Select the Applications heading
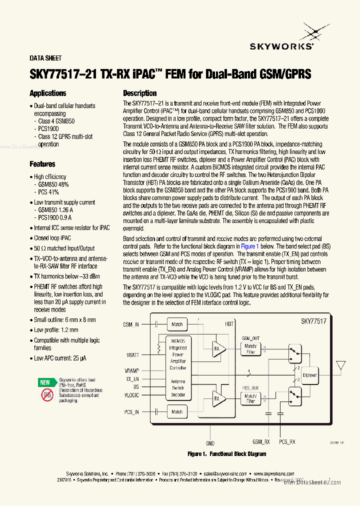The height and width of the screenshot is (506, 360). coord(48,93)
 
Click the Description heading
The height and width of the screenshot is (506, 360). coord(140,93)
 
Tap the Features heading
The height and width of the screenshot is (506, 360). coord(42,164)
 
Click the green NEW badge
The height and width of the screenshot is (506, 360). coord(45,382)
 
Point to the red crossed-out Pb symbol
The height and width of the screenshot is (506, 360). coord(47,395)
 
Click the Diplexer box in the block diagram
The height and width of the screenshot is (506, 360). coord(310,374)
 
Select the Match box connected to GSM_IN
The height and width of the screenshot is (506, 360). coord(177,324)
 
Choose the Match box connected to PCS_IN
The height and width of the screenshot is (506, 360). coord(177,412)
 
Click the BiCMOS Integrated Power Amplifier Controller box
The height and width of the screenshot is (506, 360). coord(178,354)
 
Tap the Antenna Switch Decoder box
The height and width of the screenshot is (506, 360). coord(178,387)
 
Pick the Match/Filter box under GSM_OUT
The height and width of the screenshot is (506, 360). coord(250,349)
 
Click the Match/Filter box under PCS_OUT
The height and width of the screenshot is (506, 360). coord(250,398)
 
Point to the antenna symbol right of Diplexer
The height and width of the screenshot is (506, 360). coord(341,365)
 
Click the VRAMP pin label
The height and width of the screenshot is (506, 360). coord(131,370)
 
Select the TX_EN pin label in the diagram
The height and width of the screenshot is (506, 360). coord(131,379)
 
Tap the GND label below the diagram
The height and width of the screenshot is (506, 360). coord(210,443)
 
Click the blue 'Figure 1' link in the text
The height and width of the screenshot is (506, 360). coord(249,246)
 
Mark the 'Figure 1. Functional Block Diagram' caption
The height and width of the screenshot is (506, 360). coord(226,454)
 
